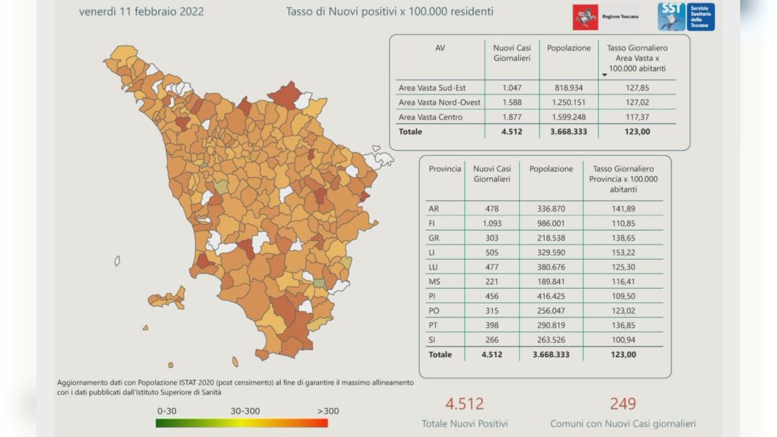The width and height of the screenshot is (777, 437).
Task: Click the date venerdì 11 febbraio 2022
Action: (x=141, y=11)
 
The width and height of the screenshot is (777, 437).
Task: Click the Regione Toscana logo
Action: (x=606, y=16)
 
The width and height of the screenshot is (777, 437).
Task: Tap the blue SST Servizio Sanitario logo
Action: (x=687, y=16)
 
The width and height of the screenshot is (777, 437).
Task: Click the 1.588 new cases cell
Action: (x=511, y=102)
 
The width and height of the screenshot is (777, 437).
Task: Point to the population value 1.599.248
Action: (x=568, y=117)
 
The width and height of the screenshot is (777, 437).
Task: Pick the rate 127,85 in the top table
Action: (x=637, y=88)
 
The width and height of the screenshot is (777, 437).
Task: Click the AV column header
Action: (x=440, y=48)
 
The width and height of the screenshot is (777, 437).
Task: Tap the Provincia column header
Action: (x=445, y=169)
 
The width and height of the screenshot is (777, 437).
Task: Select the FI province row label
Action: (x=433, y=223)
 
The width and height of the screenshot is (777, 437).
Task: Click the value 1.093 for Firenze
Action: (x=491, y=223)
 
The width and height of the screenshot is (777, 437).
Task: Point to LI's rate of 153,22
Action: (x=623, y=252)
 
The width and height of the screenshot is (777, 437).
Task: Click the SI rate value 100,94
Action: (x=623, y=340)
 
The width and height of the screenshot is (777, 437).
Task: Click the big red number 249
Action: (x=622, y=403)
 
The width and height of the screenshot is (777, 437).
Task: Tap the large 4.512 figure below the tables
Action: (x=464, y=403)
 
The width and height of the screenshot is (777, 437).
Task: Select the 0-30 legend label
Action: (x=167, y=411)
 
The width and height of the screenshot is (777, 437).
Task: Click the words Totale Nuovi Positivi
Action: (x=464, y=424)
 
